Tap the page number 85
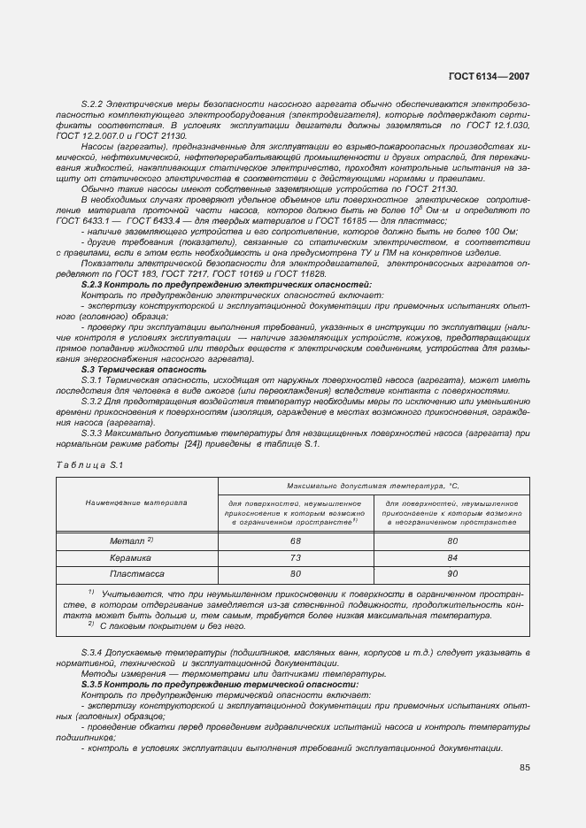tap(524, 767)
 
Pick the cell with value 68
tap(296, 540)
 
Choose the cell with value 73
tap(296, 557)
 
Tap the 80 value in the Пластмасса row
tap(296, 573)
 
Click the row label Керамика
tap(130, 557)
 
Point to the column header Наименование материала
tap(136, 502)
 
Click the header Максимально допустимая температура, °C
tap(373, 486)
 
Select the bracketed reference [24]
tap(194, 443)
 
